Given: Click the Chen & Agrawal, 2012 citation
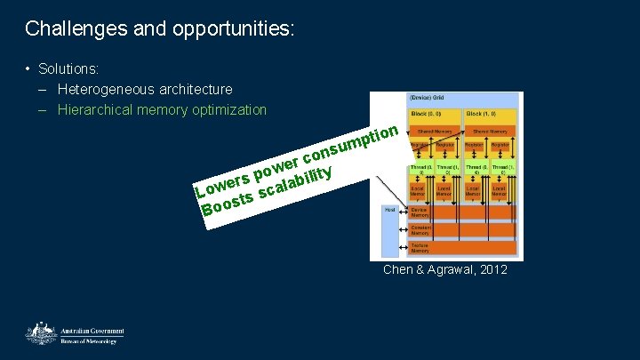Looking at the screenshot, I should (445, 269).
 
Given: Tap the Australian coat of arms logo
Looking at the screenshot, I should (40, 334).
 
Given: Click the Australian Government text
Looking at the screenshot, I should (92, 331).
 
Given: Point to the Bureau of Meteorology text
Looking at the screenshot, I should (89, 341).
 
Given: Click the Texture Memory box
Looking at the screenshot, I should (420, 248).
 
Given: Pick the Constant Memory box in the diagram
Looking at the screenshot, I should (420, 230).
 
